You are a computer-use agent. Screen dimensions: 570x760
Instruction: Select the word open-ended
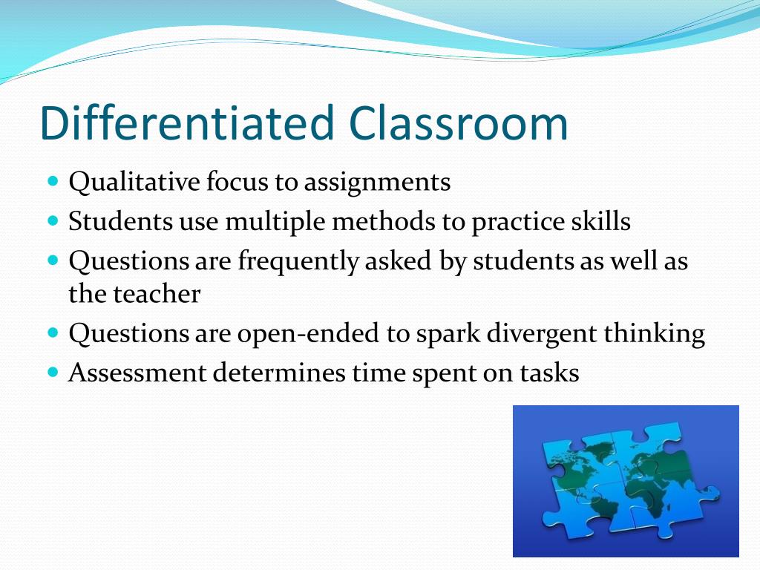(307, 335)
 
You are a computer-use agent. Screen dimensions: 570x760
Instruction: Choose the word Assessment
(137, 373)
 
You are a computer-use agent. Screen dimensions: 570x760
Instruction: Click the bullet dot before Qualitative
(53, 181)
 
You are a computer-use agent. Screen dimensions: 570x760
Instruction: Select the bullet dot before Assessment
(53, 371)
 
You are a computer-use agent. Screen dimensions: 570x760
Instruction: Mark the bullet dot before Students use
(53, 220)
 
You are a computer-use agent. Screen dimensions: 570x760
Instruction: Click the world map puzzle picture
(626, 480)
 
